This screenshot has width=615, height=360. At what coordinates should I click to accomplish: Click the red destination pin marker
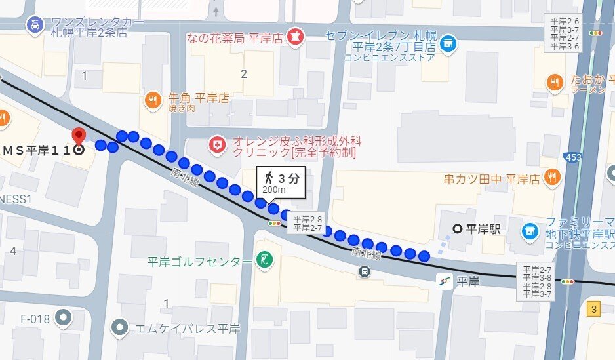(x=79, y=135)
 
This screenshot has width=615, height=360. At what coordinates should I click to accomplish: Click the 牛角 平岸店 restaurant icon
(x=152, y=99)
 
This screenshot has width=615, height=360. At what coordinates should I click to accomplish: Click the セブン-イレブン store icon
(x=448, y=43)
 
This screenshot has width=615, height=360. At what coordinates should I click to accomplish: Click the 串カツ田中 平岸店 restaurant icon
(x=552, y=177)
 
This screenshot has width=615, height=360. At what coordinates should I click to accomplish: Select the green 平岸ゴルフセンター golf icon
(x=264, y=261)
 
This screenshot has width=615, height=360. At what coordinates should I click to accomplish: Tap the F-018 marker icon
(x=63, y=319)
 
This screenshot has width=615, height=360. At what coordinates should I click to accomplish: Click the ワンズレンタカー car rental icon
(x=33, y=26)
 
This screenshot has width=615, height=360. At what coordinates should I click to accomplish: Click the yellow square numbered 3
(x=594, y=309)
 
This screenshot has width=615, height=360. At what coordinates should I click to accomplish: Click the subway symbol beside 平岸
(x=446, y=282)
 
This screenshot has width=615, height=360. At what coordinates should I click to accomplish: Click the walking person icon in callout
(x=269, y=178)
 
